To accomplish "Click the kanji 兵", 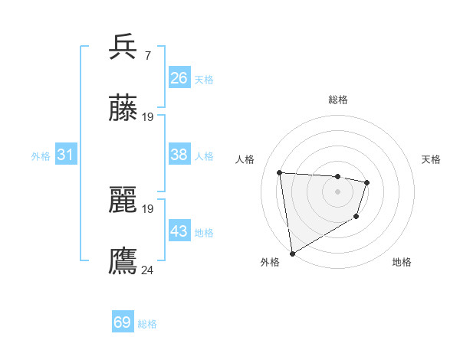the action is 123,47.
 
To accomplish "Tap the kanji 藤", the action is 123,109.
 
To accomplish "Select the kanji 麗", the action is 123,201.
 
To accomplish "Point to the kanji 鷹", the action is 123,261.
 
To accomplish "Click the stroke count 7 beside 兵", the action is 147,55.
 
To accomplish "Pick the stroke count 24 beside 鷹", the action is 147,270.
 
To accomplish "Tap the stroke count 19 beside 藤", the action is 147,117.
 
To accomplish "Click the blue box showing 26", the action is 179,78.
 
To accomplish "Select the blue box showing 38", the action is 179,155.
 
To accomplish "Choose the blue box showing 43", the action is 179,231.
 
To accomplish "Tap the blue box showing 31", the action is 66,155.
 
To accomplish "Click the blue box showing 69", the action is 123,322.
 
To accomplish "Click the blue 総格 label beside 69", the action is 148,324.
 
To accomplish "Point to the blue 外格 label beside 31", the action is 41,156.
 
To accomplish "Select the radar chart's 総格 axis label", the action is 338,100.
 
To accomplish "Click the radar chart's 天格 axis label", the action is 432,159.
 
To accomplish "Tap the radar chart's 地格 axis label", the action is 402,262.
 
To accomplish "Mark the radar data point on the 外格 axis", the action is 291,253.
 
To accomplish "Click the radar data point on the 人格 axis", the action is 280,172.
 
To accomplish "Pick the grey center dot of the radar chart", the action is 338,191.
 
